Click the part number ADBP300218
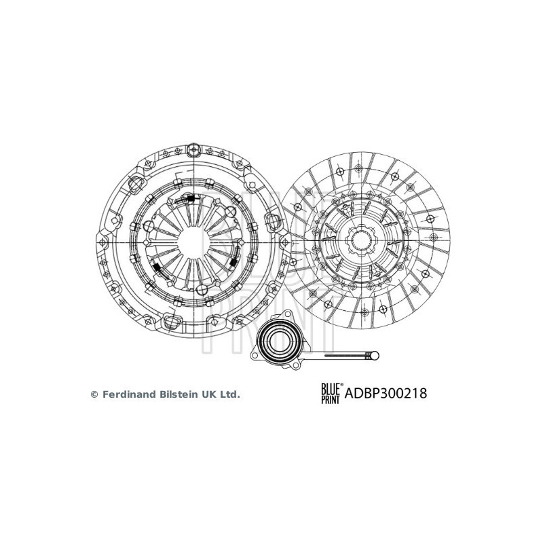click(386, 393)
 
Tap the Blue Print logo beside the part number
click(331, 393)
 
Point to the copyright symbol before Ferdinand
click(95, 394)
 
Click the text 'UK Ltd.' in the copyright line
click(223, 394)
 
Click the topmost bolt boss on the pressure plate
click(195, 148)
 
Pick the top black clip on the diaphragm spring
click(191, 199)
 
